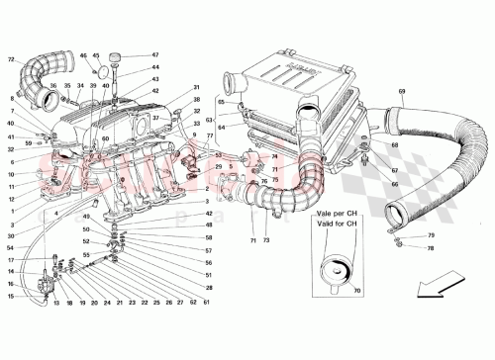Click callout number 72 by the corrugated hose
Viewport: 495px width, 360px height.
(12, 61)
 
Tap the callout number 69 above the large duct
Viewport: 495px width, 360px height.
(402, 93)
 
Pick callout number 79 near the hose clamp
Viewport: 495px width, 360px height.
(403, 234)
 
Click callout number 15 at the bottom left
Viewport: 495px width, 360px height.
(10, 295)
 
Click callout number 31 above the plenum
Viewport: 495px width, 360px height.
(197, 87)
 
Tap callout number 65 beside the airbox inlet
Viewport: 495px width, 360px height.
(223, 102)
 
